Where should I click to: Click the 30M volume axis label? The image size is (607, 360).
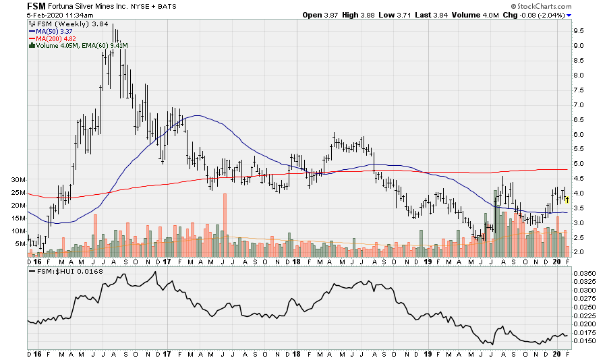tap(18, 180)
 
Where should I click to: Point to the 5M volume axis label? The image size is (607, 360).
tap(20, 243)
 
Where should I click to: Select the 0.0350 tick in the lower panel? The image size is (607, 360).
tap(584, 274)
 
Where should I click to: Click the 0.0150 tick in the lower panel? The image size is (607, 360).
tap(584, 340)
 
